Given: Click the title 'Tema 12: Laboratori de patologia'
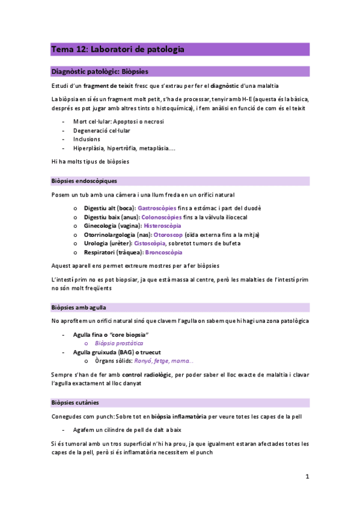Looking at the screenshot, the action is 118,49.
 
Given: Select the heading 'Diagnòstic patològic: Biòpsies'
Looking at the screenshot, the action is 100,71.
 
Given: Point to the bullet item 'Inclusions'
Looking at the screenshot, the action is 90,140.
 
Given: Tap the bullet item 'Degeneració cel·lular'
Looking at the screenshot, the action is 102,131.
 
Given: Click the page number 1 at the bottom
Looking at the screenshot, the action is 307,476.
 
